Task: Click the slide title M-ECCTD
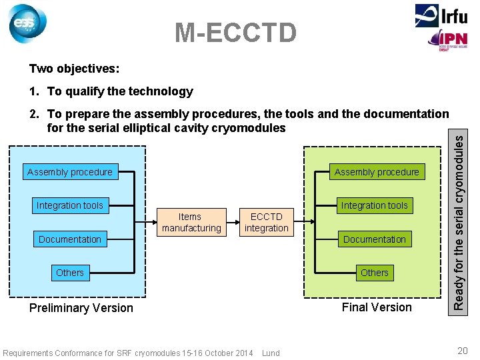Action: coord(235,32)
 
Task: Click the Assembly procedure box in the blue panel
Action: coord(70,172)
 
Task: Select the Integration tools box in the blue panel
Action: coord(70,205)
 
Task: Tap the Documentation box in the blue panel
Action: coord(70,239)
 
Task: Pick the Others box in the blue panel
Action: coord(70,273)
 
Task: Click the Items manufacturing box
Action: coord(191,222)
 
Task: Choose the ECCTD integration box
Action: coord(267,222)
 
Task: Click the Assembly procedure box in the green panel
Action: coord(377,172)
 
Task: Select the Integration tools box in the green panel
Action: coord(374,205)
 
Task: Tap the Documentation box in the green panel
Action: coord(374,239)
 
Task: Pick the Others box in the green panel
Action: coord(374,273)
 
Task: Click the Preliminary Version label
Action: coord(81,308)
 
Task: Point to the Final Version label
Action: coord(377,307)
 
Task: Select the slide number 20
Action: coord(463,351)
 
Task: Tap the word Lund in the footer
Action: coord(271,353)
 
